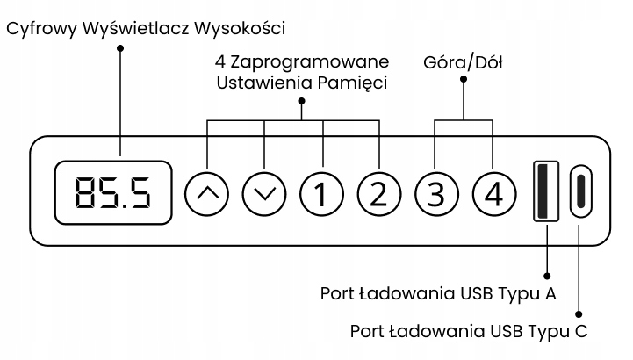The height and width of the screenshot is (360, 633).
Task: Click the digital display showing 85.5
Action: tap(111, 192)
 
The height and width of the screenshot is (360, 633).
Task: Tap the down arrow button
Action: tap(264, 192)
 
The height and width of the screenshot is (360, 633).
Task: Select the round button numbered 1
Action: tap(321, 192)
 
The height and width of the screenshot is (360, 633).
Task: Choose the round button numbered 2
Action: tap(378, 192)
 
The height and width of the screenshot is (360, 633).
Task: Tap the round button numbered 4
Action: tap(493, 192)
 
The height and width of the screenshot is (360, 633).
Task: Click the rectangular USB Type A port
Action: tap(545, 191)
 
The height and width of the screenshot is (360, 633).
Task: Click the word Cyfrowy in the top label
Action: tap(42, 28)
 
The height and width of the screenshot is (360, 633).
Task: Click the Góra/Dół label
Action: tap(463, 62)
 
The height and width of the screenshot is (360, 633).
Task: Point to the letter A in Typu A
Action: tap(550, 293)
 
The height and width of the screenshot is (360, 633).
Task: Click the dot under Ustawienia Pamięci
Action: tap(302, 100)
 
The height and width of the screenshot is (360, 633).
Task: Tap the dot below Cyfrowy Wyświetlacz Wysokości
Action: tap(121, 47)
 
